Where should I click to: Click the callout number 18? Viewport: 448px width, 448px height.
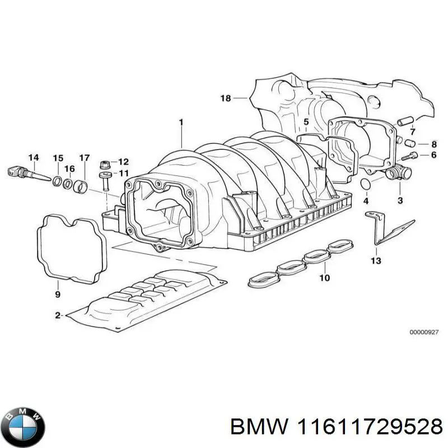pyautogui.click(x=225, y=99)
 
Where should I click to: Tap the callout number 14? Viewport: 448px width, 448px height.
pyautogui.click(x=34, y=157)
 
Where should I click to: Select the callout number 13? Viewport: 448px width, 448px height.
pyautogui.click(x=375, y=261)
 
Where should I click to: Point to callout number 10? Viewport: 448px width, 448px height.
pyautogui.click(x=324, y=278)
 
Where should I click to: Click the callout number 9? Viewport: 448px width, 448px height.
pyautogui.click(x=58, y=294)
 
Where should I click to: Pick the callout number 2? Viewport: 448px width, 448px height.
pyautogui.click(x=57, y=316)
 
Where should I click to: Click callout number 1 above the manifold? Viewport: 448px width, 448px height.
pyautogui.click(x=181, y=122)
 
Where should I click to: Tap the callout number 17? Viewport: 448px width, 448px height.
pyautogui.click(x=84, y=158)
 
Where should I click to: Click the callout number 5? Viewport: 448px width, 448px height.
pyautogui.click(x=306, y=122)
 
